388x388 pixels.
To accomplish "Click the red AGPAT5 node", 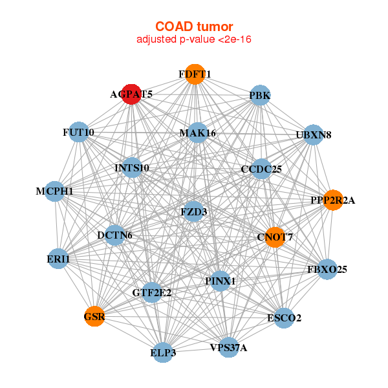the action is tap(131, 94).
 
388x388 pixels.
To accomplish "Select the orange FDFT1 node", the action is tap(195, 74).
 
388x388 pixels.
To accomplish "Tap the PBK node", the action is tap(260, 95).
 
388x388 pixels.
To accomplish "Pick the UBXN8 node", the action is tap(314, 135).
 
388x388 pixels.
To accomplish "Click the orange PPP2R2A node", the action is tap(333, 200).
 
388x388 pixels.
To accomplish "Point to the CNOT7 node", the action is tap(275, 237).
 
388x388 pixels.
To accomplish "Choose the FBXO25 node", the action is tap(327, 269).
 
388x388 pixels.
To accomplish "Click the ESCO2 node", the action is tap(285, 318).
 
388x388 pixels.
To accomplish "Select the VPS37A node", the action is tap(229, 347).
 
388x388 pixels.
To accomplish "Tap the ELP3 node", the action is tap(163, 352).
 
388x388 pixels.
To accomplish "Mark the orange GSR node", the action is tap(94, 316).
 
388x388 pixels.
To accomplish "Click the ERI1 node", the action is tap(58, 259).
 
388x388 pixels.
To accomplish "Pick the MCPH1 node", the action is tap(55, 191).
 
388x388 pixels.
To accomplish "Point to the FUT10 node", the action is tap(79, 132).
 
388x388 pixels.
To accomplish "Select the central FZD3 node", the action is tap(194, 211).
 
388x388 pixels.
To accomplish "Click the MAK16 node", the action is tap(197, 133).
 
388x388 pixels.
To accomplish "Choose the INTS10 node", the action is tap(132, 167).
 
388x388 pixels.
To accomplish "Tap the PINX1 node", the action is tap(221, 281).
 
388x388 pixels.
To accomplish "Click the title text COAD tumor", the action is tap(194, 27).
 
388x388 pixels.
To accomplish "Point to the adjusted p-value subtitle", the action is tap(194, 39).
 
